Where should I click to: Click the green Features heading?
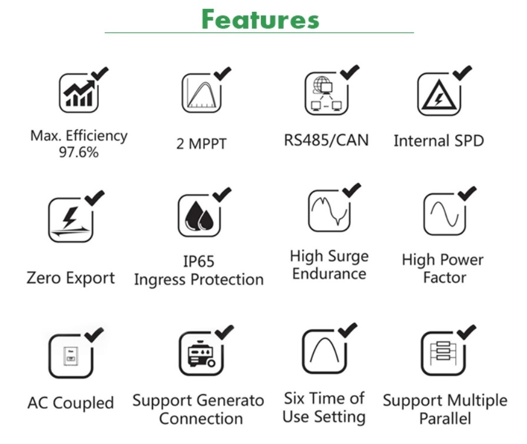[260, 19]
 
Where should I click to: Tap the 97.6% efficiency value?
[79, 152]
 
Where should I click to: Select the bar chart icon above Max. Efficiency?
[79, 93]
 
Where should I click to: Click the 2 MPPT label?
[201, 143]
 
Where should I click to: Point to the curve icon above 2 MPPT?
[201, 93]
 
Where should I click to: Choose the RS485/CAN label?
[326, 140]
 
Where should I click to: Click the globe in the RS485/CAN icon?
[321, 84]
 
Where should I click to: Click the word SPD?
[469, 141]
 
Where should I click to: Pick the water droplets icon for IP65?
[199, 215]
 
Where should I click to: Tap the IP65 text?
[198, 262]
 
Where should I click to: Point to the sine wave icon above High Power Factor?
[445, 214]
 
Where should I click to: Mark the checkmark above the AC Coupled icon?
[94, 335]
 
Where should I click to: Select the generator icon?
[201, 353]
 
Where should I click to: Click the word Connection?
[201, 419]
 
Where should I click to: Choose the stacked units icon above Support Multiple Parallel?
[443, 353]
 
